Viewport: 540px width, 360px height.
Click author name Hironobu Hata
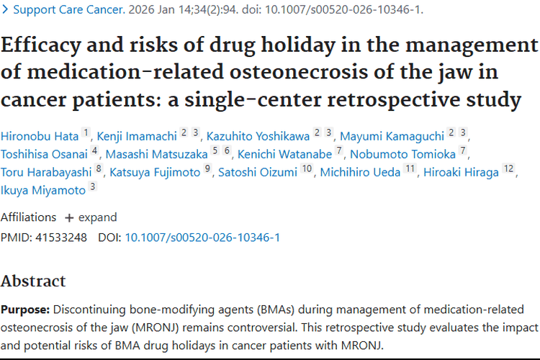coord(40,135)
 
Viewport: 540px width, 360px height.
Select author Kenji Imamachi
coord(138,135)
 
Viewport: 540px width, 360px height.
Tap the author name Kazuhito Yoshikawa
coord(258,135)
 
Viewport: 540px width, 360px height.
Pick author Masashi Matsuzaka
coord(157,153)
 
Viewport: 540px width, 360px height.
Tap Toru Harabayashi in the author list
coord(46,172)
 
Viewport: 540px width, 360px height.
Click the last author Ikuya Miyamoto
coord(42,191)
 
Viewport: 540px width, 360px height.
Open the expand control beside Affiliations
coord(91,217)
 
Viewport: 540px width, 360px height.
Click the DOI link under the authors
coord(202,237)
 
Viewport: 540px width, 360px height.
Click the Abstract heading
coord(33,281)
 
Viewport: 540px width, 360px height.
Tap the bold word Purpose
coord(24,310)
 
